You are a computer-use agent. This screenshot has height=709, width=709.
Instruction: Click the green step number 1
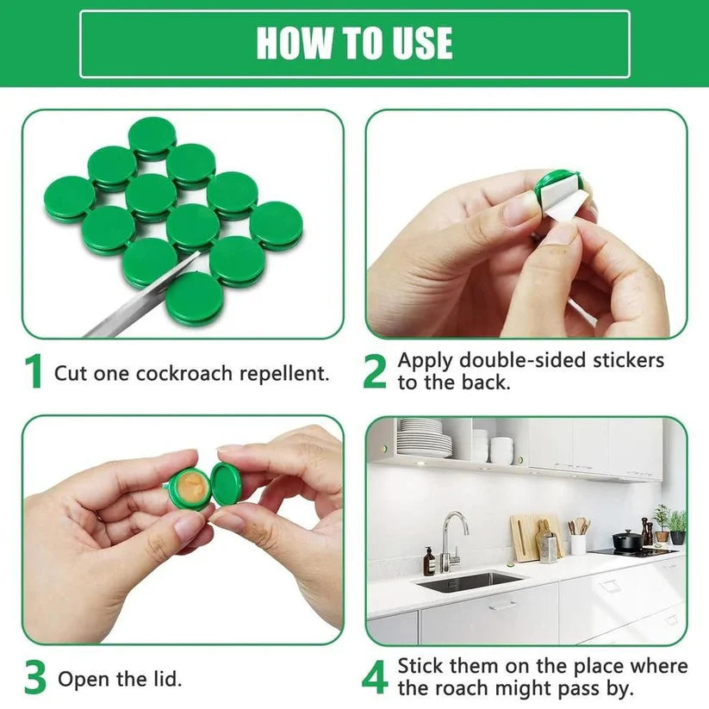pos(34,372)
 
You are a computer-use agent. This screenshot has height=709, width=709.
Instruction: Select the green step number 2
pos(375,371)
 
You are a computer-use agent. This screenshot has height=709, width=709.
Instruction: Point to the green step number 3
pos(34,679)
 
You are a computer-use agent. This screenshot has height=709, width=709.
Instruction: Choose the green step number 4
pos(375,678)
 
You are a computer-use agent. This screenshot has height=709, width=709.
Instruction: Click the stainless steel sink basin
pos(469,582)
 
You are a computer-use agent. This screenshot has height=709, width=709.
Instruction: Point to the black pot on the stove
pos(627,540)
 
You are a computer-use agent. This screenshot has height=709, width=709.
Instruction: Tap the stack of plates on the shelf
pos(424,438)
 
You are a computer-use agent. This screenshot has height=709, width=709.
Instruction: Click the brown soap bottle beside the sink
pos(429,562)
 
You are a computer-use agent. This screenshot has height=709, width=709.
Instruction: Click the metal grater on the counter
pos(549,547)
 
